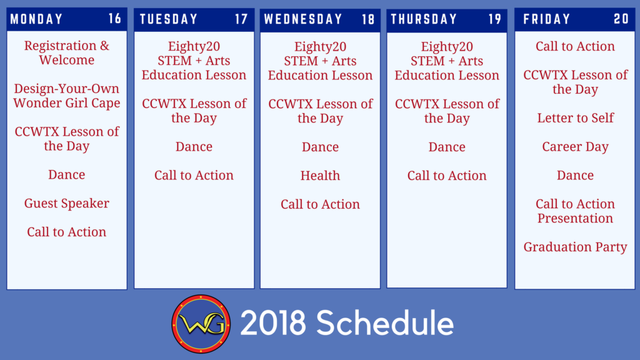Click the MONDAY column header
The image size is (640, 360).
(x=36, y=19)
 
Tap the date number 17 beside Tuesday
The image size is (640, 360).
(x=241, y=19)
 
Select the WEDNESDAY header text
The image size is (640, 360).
(x=303, y=19)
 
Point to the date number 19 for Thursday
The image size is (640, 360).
(x=495, y=19)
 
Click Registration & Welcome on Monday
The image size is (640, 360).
(x=66, y=52)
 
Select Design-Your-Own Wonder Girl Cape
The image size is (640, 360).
(x=66, y=96)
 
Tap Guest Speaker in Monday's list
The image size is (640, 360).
(x=66, y=203)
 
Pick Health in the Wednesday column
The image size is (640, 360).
(x=320, y=175)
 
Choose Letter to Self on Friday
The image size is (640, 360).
(x=575, y=117)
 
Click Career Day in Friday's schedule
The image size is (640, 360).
(x=575, y=146)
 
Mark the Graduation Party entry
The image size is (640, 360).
(x=575, y=246)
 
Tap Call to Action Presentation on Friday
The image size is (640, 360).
(x=575, y=211)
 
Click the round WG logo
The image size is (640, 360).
(x=201, y=324)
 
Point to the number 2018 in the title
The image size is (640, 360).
(x=272, y=323)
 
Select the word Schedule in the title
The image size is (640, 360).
(x=385, y=322)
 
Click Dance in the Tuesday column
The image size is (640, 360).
(x=194, y=146)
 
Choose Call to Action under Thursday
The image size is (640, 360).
(x=446, y=175)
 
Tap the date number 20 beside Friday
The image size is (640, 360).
(x=621, y=19)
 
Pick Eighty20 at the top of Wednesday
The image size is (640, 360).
(x=320, y=46)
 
